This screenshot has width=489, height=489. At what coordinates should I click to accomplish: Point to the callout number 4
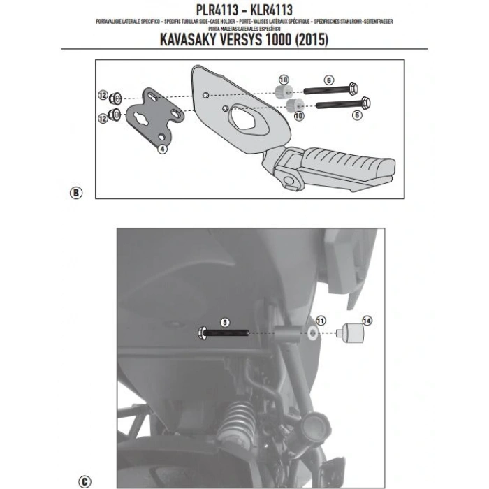coord(161,148)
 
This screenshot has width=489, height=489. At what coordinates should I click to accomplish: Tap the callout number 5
coord(224,323)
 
